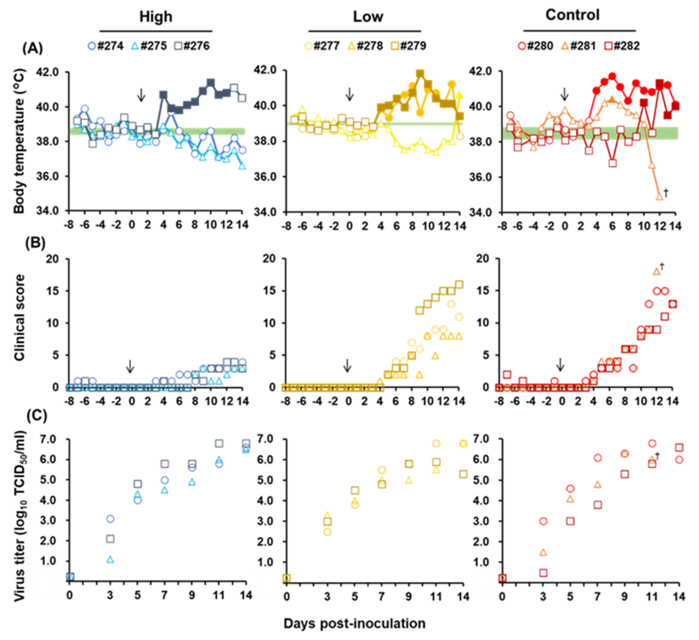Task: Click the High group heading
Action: point(156,17)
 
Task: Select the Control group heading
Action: point(572,15)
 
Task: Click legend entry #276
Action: point(196,46)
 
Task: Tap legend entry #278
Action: point(370,46)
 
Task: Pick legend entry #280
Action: point(539,46)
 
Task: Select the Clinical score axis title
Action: point(20,317)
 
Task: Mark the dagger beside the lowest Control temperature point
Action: point(666,193)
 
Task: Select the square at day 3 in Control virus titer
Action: point(543,573)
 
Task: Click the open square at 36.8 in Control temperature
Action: point(613,163)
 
